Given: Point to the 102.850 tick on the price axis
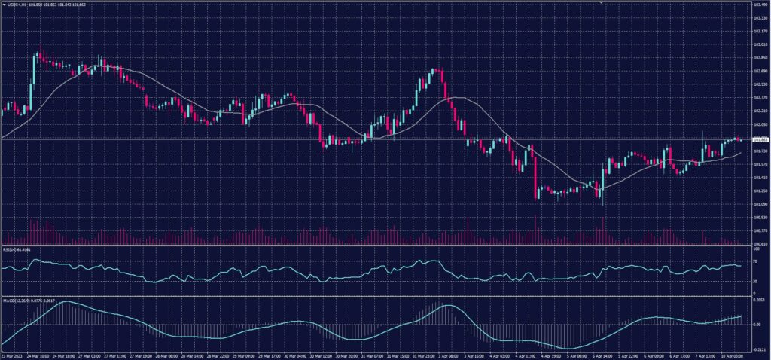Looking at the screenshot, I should tap(760, 58).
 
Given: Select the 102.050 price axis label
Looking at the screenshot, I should tap(760, 124).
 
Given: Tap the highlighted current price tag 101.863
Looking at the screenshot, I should tap(760, 140).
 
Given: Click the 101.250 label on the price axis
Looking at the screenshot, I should tap(760, 191).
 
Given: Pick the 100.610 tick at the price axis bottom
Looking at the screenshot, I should tap(760, 243).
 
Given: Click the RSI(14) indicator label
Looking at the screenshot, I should tap(13, 250).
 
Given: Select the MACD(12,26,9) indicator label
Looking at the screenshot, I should tap(18, 300).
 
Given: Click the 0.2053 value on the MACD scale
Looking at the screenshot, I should tap(759, 300).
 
